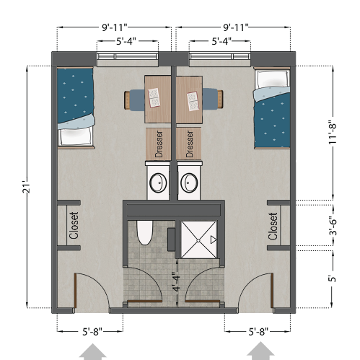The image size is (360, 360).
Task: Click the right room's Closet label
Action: (273, 225)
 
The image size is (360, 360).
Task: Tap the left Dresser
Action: (158, 143)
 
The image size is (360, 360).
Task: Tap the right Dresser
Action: (190, 143)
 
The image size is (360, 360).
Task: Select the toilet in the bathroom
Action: (143, 233)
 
